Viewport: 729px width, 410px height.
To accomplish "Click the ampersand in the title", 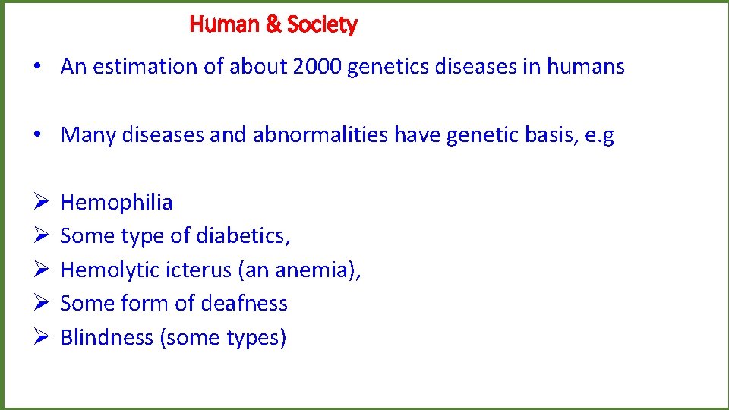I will pos(273,25).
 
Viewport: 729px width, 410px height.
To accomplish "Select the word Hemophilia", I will pos(116,203).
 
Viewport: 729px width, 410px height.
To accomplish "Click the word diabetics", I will pos(243,236).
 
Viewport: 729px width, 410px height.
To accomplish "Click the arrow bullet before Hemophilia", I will pos(42,203).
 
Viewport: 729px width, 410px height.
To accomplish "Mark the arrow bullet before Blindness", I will pos(42,337).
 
